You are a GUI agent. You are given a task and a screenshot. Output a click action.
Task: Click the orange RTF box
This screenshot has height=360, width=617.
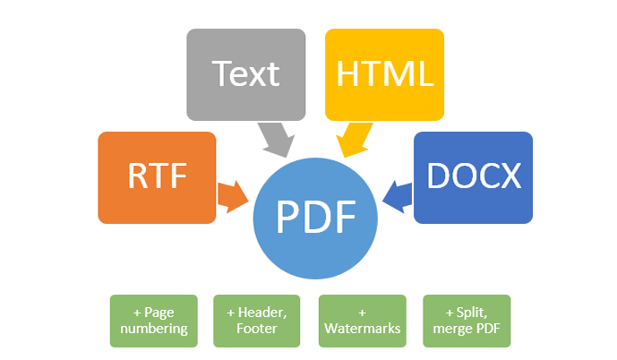[157, 177]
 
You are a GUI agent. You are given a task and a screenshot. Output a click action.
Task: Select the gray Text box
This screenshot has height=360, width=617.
[245, 74]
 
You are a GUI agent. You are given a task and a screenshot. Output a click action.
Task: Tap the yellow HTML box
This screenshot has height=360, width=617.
[384, 74]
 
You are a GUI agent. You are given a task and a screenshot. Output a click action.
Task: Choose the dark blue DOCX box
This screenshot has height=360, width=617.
[474, 177]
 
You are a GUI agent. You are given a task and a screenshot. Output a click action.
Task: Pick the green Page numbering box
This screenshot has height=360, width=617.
[153, 321]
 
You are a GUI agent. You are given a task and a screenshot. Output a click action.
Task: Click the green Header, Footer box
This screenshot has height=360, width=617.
[257, 321]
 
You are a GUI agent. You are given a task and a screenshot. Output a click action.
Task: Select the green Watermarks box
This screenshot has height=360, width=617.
[362, 321]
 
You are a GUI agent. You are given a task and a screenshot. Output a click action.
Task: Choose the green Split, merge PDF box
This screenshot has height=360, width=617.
[466, 321]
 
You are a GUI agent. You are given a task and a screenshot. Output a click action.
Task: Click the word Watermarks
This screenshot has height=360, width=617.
[362, 329]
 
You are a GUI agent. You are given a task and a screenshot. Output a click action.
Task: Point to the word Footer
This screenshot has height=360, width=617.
[257, 329]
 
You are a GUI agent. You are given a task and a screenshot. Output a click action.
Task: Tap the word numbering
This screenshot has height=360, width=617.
[154, 329]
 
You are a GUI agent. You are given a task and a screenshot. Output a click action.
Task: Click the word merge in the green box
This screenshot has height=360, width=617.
[452, 329]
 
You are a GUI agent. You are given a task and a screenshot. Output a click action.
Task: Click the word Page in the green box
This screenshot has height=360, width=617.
[159, 313]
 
